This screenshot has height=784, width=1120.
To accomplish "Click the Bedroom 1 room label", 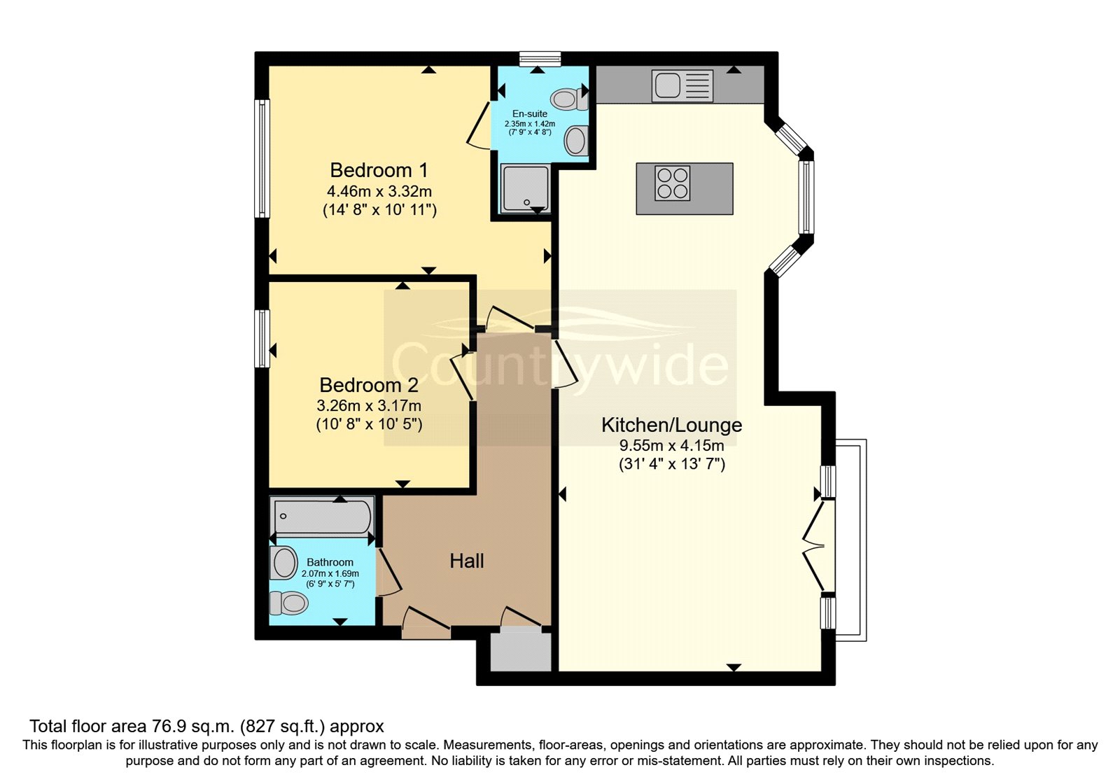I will (379, 170).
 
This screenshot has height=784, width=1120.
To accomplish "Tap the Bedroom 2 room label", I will (369, 385).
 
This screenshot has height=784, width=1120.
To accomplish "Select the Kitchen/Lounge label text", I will (671, 425).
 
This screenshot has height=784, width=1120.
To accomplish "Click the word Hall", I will (466, 561).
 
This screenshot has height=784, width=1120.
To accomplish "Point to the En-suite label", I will (530, 113).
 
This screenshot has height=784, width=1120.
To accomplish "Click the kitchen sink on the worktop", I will (682, 85).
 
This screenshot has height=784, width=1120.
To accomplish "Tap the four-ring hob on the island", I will (672, 183).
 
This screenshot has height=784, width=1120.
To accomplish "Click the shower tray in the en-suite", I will (524, 188).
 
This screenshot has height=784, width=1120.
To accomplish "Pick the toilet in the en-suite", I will (568, 98).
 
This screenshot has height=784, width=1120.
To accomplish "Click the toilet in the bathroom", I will (289, 602).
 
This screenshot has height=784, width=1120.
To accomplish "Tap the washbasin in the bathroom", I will (284, 563).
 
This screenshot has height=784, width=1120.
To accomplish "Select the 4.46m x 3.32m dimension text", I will (379, 191).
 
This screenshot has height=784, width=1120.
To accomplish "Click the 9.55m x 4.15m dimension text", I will (671, 445).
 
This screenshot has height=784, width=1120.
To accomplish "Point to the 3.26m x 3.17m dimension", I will (369, 405).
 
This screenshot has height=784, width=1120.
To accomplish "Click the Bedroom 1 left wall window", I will (262, 158).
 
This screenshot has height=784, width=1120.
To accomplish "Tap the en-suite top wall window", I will (540, 59).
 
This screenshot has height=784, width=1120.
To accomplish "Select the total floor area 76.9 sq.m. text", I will (206, 726).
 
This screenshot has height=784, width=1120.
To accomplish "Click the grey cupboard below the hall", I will (520, 651).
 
